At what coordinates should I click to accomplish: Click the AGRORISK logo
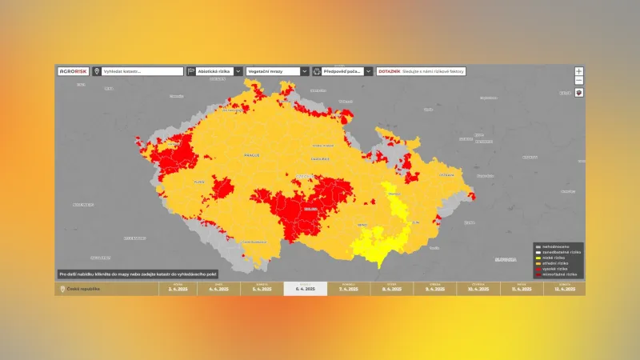(73, 71)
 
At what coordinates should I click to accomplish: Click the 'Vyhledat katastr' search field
(142, 71)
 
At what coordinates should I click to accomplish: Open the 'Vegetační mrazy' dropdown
(277, 71)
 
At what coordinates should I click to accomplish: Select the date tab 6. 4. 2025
(305, 289)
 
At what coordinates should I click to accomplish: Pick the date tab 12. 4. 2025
(564, 289)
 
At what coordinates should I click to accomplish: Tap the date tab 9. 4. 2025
(434, 289)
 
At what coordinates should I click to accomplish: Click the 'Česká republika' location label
(83, 289)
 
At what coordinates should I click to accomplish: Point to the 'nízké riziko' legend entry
(554, 257)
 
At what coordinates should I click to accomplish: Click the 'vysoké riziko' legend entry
(554, 268)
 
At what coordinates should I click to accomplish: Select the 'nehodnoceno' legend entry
(554, 246)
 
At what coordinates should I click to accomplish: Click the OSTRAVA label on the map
(446, 174)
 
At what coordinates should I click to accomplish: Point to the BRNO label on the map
(362, 226)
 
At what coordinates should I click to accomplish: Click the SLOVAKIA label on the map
(506, 259)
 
